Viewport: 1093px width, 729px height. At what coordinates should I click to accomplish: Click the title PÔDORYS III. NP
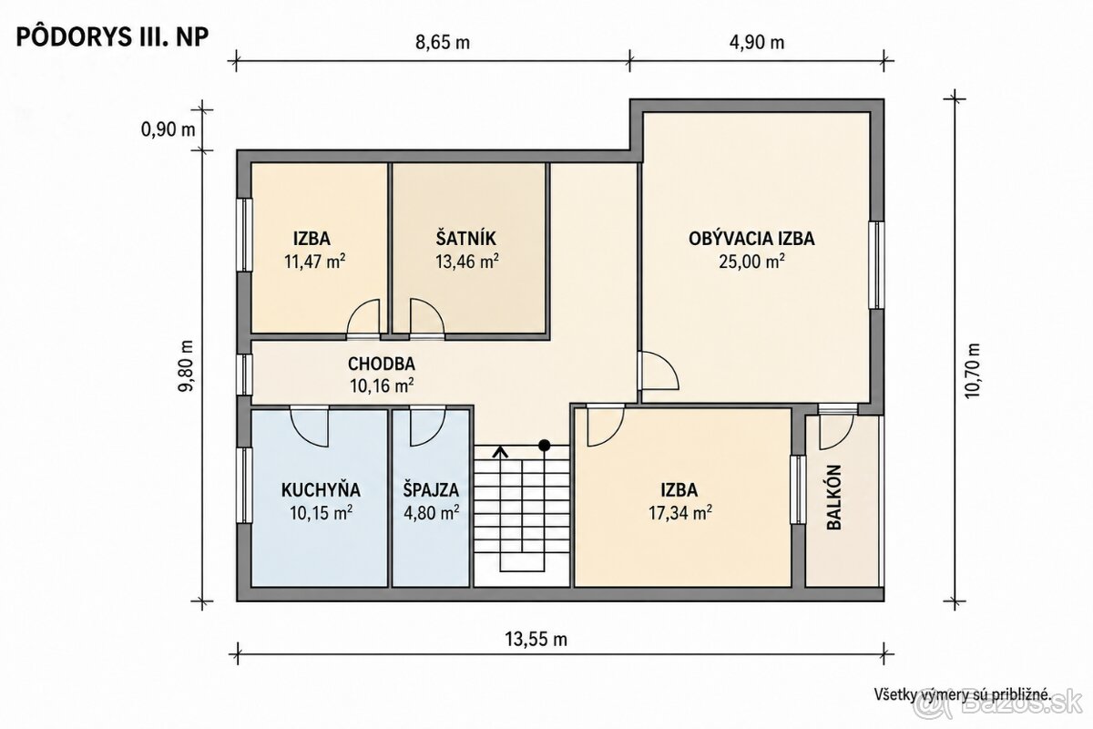pos(113,36)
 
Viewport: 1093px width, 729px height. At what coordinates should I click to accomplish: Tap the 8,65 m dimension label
pos(443,43)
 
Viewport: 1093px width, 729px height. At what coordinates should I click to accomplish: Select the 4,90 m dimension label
pos(757,43)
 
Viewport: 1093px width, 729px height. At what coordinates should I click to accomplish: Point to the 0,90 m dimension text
pos(168,129)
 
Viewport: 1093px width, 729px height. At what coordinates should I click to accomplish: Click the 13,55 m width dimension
pos(536,638)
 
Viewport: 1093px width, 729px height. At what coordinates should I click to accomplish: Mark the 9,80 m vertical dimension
pos(186,365)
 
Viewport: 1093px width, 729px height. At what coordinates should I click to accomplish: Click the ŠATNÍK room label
pos(466,238)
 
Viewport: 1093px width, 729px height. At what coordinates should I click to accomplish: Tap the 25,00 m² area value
pos(751,262)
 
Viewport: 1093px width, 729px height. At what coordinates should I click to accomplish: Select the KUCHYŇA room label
pos(321,489)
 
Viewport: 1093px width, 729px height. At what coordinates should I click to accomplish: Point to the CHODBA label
pos(382,364)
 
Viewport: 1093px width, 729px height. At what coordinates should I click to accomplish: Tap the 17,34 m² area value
pos(679,513)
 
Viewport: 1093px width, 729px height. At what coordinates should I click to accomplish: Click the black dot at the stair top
pos(544,445)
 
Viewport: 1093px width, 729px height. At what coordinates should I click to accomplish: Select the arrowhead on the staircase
pos(500,452)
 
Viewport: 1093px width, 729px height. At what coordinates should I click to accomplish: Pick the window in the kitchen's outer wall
pos(244,486)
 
